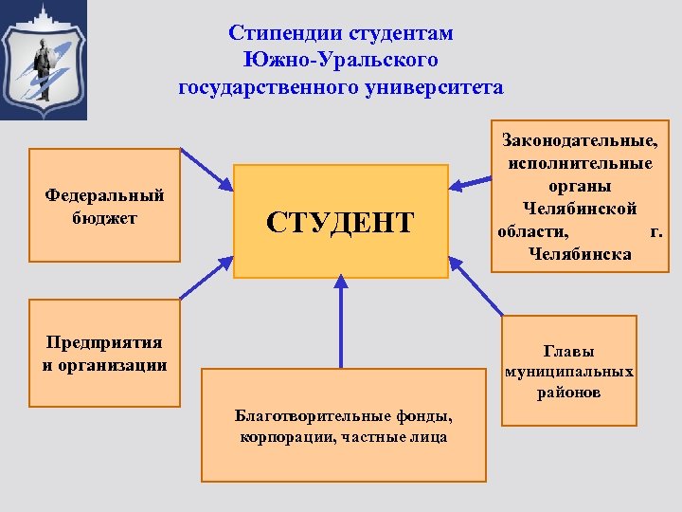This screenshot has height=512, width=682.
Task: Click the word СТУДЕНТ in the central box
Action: coord(340,223)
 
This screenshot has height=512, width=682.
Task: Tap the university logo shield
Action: coord(44,61)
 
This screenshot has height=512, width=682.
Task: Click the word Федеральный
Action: coord(104,195)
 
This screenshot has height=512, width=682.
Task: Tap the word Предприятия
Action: coord(104,342)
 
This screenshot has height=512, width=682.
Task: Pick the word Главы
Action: coord(568,351)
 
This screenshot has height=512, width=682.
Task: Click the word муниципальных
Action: coord(569,371)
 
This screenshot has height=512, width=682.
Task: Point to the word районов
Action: coord(569,392)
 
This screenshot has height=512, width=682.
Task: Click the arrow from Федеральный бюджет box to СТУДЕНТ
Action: coord(206,168)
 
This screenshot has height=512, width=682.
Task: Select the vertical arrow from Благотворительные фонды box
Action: coord(341,322)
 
